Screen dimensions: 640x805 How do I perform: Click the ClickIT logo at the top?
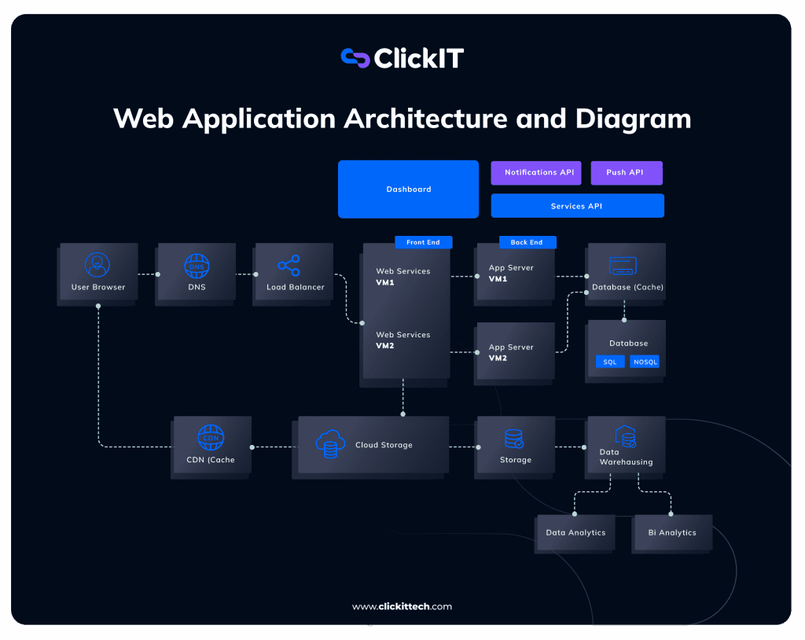pos(402,58)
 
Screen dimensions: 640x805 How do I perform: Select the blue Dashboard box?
pos(408,189)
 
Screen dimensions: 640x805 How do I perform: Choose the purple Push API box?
pos(626,173)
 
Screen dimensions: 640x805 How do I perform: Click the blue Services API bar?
pos(577,206)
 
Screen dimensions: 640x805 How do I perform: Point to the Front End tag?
pos(423,242)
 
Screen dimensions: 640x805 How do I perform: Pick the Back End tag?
pos(527,242)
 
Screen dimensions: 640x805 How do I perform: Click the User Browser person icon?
pos(97,265)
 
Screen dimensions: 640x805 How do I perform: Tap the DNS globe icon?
pos(197,266)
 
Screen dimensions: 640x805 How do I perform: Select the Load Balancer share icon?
pos(289,266)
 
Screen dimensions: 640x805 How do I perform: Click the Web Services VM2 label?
pos(402,340)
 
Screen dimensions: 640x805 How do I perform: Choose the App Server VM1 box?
pos(514,273)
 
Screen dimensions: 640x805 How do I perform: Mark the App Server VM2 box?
pos(514,352)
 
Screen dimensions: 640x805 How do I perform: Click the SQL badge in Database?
pos(610,362)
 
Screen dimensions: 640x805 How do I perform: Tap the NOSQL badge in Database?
pos(645,362)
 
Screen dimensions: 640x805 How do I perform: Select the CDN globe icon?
pos(211,437)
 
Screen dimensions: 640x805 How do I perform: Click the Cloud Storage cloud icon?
pos(329,444)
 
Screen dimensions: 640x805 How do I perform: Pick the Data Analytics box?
pos(575,533)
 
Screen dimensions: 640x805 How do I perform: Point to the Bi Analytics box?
pos(672,533)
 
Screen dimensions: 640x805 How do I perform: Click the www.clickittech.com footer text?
pos(402,606)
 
